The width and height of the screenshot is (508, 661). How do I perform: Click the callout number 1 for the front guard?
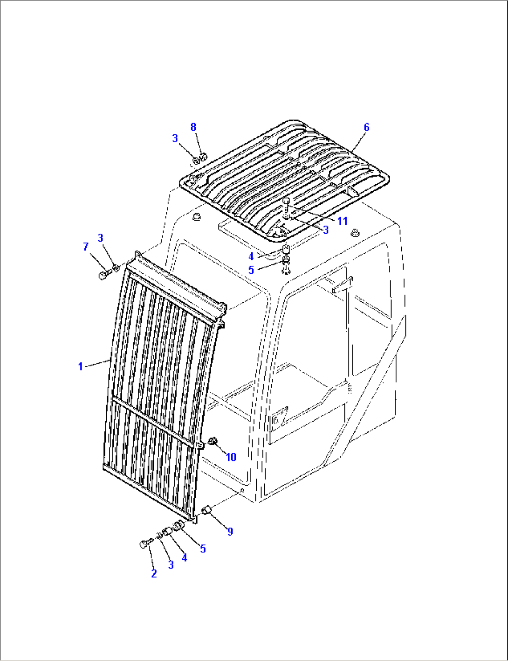[x=80, y=367]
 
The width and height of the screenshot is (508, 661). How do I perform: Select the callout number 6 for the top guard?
[x=366, y=127]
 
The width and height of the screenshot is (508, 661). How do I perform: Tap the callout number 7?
[x=86, y=247]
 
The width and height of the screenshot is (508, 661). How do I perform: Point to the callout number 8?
[x=193, y=127]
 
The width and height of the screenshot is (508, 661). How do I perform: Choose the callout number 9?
[x=230, y=531]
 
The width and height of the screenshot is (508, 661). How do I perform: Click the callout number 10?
[x=231, y=457]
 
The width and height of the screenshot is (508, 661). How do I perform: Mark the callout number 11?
[x=343, y=221]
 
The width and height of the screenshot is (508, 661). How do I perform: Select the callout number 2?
[x=154, y=574]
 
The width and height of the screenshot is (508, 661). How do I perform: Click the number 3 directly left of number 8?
[x=175, y=138]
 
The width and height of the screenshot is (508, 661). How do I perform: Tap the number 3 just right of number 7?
[x=100, y=238]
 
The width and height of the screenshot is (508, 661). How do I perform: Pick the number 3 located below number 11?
[x=326, y=230]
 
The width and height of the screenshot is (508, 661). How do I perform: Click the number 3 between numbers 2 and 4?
[x=171, y=564]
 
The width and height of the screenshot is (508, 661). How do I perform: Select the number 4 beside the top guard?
[x=251, y=257]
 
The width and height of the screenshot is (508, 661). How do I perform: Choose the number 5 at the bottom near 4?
[x=203, y=549]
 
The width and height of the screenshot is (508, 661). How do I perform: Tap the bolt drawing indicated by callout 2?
[x=144, y=544]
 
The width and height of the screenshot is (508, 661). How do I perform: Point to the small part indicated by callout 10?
[x=214, y=441]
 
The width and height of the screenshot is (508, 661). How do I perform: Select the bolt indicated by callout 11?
[x=287, y=204]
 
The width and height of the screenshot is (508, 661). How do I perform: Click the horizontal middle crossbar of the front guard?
[x=154, y=422]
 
